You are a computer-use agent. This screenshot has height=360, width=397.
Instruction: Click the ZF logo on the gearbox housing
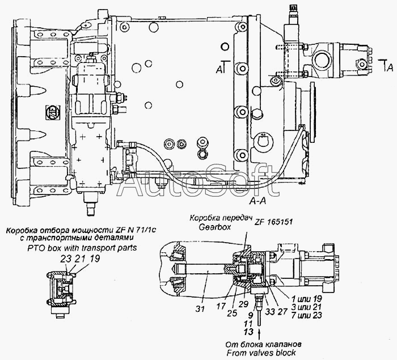point(53,112)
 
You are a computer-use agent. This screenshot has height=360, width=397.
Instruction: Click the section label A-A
point(257,201)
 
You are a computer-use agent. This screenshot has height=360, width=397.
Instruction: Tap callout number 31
point(200,308)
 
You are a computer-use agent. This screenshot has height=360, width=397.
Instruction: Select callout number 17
point(221,306)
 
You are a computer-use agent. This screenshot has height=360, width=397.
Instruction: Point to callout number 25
point(231,314)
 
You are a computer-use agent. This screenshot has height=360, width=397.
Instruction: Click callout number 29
point(243,304)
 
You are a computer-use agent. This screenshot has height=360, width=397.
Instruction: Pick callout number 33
point(270,312)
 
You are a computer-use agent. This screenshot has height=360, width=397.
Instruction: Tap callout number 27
point(282,312)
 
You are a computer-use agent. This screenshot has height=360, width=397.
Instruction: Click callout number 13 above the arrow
point(248,332)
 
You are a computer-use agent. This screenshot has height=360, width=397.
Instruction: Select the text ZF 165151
point(273,222)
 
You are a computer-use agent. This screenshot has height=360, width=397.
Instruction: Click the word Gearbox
point(215,227)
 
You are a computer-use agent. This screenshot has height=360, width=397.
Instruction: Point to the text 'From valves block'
point(261,353)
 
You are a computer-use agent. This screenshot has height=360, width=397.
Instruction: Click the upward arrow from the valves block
point(259,334)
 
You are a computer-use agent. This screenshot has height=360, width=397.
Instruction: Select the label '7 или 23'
point(306,315)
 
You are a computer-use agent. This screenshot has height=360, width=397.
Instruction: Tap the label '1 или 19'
point(306,299)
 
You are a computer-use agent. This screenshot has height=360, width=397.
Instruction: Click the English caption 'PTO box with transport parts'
point(82,247)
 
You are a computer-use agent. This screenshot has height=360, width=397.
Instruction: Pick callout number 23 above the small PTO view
point(65,259)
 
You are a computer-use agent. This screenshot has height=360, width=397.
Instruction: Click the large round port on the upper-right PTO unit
point(322,61)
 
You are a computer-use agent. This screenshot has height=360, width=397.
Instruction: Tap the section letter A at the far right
point(390,67)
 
